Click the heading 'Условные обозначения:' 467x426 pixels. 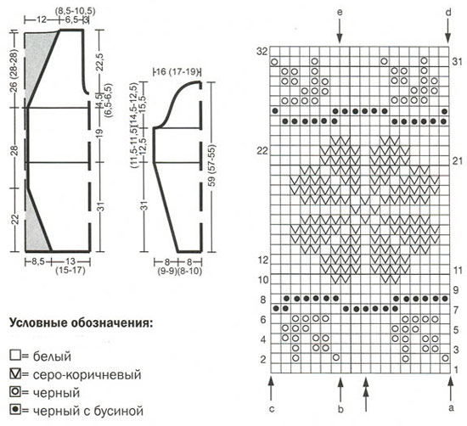[x=82, y=323]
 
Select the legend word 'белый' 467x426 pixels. [x=52, y=356]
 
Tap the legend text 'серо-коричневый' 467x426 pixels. [x=87, y=374]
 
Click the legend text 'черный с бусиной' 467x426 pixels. [x=88, y=411]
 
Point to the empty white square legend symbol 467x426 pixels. [x=15, y=356]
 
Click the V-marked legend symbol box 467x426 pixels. [x=15, y=374]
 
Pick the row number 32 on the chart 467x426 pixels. [x=262, y=52]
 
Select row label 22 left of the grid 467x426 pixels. [x=262, y=151]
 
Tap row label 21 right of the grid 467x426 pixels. [x=458, y=161]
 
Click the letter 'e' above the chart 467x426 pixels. [x=340, y=13]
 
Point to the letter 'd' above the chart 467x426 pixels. [x=448, y=12]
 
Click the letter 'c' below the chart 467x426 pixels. [x=272, y=409]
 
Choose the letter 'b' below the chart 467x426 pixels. [x=340, y=409]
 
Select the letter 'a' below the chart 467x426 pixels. [x=451, y=408]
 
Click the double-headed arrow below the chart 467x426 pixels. [x=366, y=394]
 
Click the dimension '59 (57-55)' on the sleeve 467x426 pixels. [x=212, y=165]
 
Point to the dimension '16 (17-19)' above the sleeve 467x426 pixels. [x=177, y=72]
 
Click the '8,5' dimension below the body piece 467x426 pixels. [x=38, y=261]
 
